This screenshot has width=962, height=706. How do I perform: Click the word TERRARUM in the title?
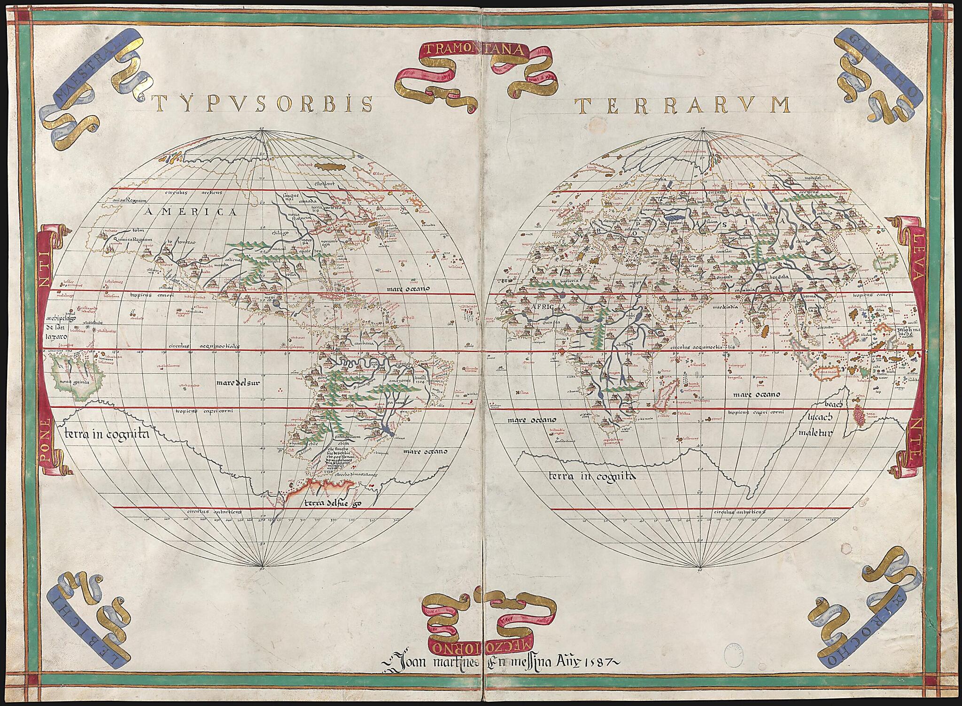coord(683,105)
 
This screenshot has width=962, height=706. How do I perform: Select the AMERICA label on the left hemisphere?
coord(191,212)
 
